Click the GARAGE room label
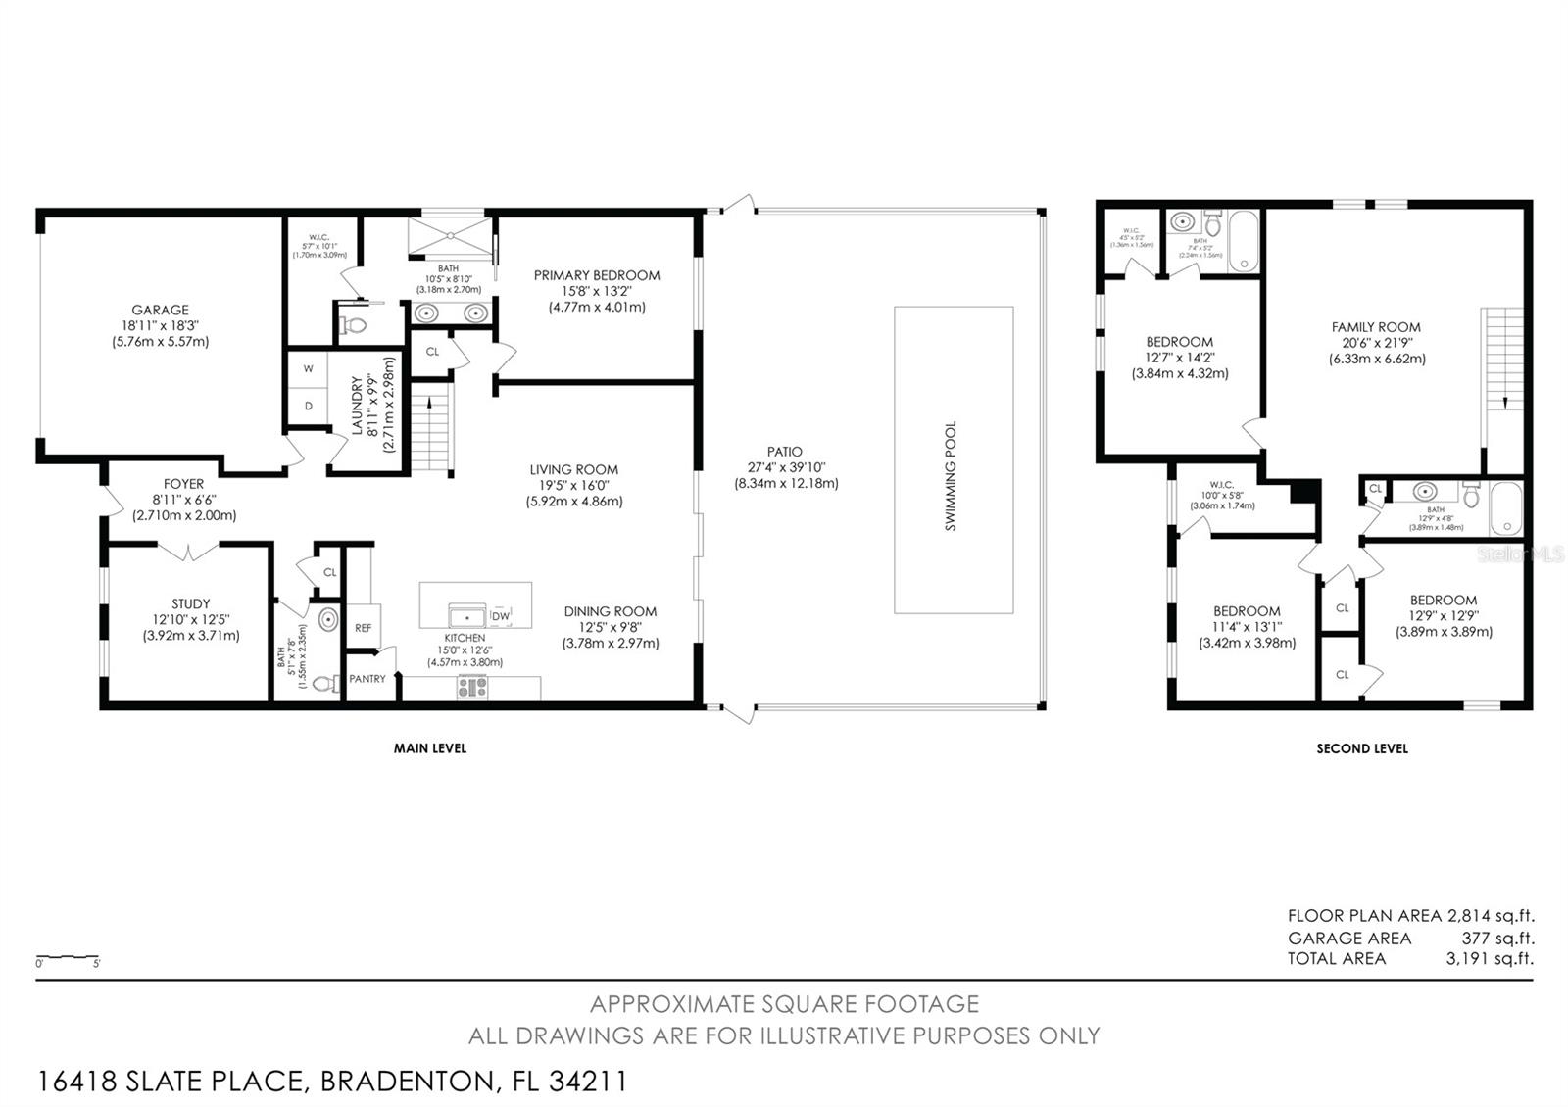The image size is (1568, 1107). point(160,311)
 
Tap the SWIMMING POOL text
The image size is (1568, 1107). point(950,476)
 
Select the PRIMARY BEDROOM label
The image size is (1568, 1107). point(596,276)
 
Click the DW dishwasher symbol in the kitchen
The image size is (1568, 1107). point(501,616)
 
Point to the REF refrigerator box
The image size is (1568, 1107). point(364,628)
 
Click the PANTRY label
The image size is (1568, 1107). point(367,679)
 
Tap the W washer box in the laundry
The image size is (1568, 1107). point(308,369)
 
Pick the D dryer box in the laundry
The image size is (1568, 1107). point(308,406)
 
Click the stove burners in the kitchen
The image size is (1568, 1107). point(472,688)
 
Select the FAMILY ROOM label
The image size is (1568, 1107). point(1376,328)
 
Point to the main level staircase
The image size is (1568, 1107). point(431,427)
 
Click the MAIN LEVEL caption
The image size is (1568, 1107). point(429,748)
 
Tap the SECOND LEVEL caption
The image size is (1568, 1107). point(1361,748)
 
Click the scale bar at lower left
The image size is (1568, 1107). point(68,956)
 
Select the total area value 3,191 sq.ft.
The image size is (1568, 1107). point(1490,959)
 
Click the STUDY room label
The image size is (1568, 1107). point(190,604)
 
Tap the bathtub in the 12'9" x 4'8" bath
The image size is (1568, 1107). point(1505,508)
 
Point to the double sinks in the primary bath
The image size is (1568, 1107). point(451,313)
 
